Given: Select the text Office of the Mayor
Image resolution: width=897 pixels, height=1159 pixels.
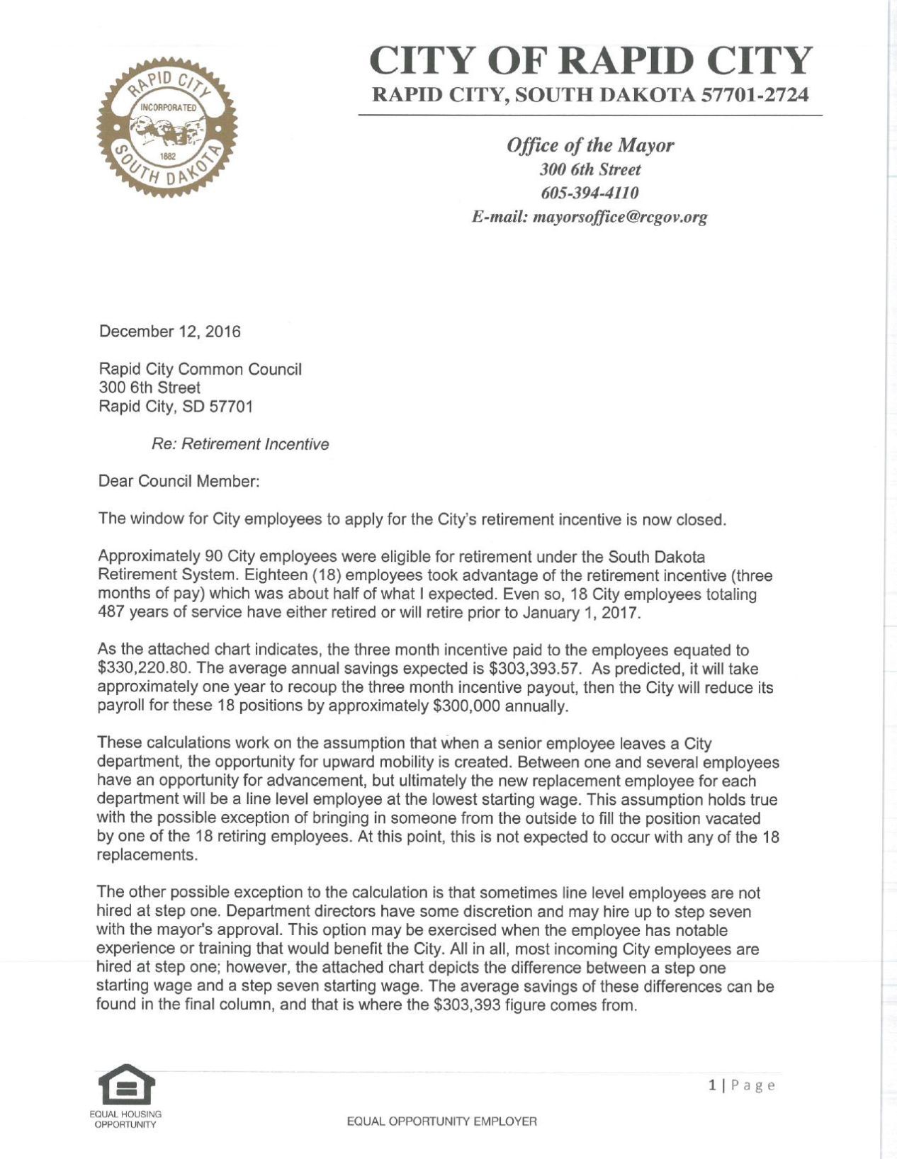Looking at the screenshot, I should click(590, 146).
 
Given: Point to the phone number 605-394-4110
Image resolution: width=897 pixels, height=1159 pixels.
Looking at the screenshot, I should click(590, 193).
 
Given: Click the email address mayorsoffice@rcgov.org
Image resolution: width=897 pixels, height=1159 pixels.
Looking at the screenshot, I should click(620, 217).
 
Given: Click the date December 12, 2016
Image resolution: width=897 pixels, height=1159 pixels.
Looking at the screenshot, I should click(169, 332).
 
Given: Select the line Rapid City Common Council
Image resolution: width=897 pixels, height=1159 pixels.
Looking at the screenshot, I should click(200, 369).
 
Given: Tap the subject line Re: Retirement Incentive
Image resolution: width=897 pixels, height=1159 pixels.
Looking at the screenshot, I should click(240, 444).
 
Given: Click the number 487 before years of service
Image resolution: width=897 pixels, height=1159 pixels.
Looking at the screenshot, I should click(111, 613).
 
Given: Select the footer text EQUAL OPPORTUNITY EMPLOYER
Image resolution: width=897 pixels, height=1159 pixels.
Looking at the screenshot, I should click(441, 1121).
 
